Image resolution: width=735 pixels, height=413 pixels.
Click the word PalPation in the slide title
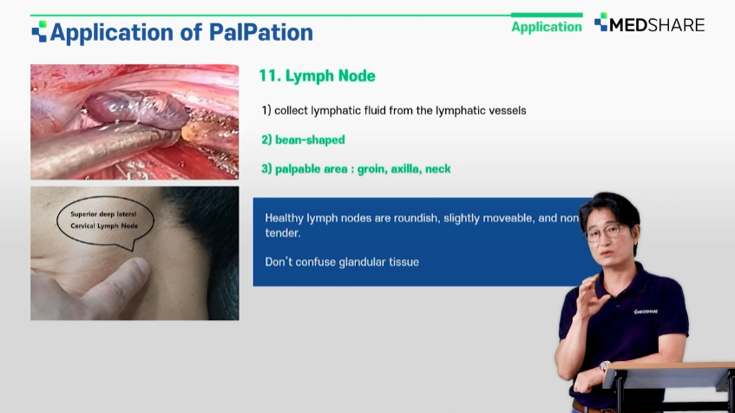point(260,32)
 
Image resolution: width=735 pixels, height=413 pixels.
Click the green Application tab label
point(547,27)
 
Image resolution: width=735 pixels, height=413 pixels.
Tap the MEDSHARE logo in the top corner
point(649,23)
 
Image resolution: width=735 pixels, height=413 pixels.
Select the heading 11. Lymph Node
point(317,76)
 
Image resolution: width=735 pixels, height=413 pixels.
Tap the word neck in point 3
point(438,169)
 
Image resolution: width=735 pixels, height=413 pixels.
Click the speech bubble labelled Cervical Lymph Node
point(105,220)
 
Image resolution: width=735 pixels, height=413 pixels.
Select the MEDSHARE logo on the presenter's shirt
point(646,311)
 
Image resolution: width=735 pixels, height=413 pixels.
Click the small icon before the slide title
point(39,31)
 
